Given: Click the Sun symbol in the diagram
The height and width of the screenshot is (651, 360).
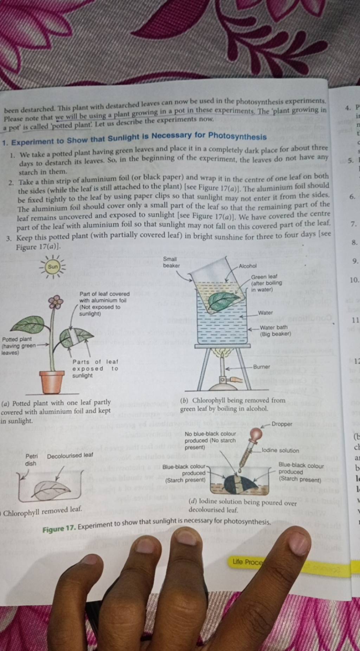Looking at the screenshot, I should point(53,267).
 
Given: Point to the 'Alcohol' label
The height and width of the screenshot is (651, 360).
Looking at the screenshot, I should point(247,266).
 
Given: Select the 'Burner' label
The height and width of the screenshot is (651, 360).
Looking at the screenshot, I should point(262,367).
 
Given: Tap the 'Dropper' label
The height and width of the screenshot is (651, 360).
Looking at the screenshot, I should point(282,424).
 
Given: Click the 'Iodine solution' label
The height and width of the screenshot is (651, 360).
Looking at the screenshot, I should point(280,450).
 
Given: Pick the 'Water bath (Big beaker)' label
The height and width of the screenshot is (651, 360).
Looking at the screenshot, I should point(275,331).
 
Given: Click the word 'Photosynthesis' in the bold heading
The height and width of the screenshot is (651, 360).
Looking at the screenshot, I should point(237,135).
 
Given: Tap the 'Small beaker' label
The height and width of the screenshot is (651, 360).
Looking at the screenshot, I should point(171,262).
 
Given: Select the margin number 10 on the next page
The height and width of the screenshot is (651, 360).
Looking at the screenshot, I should point(354,280).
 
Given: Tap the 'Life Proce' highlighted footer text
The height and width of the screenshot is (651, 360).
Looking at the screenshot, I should point(247,562).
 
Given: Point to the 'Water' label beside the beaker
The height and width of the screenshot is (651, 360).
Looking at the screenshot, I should point(265,313).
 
